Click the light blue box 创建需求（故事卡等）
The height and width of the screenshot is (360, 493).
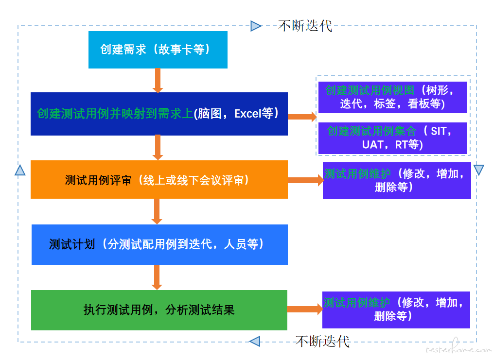[x=158, y=50]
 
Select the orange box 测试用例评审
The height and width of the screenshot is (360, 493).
[x=159, y=179]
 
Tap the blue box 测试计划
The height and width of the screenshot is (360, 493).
[x=159, y=244]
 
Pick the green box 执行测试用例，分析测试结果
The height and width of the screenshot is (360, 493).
[x=159, y=310]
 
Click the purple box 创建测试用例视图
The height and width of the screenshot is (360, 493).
[x=392, y=97]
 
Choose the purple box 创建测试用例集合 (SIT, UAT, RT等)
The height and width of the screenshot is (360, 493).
[x=392, y=138]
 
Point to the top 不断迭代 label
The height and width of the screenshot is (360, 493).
[x=305, y=26]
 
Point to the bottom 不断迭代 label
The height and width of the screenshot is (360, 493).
[x=322, y=342]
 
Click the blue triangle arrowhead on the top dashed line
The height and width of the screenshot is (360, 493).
[x=256, y=26]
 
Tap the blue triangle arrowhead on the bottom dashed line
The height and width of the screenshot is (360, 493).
[x=255, y=341]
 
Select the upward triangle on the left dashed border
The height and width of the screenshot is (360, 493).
[x=20, y=170]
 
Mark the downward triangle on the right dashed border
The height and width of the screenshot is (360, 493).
[x=478, y=170]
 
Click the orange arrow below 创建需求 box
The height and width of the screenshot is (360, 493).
[x=158, y=81]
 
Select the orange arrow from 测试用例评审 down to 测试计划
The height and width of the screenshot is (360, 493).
[x=157, y=211]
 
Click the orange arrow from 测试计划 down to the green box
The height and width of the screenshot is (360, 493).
[x=157, y=277]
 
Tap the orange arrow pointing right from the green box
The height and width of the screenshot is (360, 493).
[x=305, y=309]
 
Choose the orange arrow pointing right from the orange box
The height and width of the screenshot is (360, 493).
[x=306, y=180]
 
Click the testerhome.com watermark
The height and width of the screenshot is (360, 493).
[x=458, y=348]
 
